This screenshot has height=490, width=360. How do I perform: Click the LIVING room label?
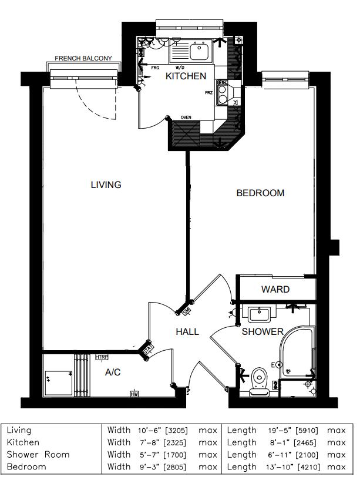click(106, 184)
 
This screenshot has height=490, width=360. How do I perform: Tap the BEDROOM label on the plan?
click(260, 193)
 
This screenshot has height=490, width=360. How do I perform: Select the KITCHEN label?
click(186, 76)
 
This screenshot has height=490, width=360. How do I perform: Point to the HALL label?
click(187, 332)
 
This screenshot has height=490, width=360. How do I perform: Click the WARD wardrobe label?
click(275, 289)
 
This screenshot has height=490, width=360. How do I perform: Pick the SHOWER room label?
click(263, 332)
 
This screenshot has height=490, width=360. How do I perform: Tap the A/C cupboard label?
click(113, 372)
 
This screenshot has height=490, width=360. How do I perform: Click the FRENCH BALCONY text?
click(87, 59)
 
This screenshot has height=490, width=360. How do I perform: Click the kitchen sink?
click(200, 52)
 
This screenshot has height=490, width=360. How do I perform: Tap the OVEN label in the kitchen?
click(186, 118)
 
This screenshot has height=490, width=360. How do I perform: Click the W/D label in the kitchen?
click(180, 68)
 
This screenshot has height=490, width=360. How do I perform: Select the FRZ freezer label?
click(208, 92)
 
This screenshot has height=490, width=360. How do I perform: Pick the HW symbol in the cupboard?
click(134, 394)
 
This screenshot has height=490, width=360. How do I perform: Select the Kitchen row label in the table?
click(23, 442)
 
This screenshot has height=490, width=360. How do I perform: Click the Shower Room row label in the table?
click(38, 454)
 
